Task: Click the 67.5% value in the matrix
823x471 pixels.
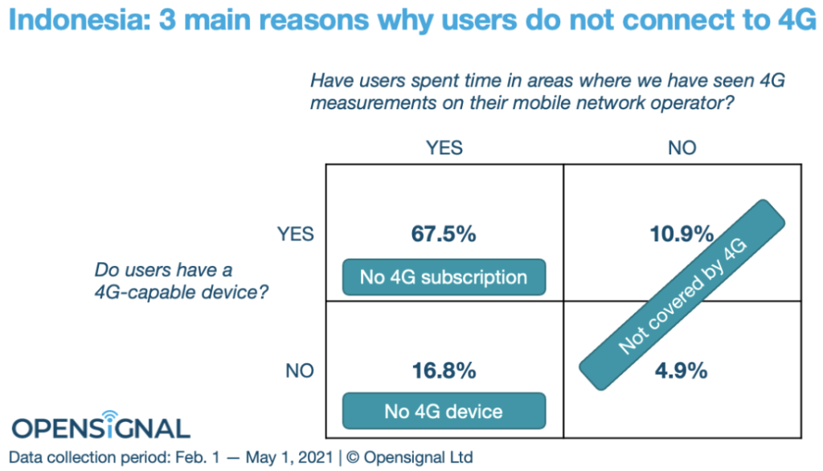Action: pyautogui.click(x=444, y=235)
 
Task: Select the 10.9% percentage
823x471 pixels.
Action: pyautogui.click(x=682, y=235)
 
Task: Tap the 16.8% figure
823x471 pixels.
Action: pyautogui.click(x=444, y=371)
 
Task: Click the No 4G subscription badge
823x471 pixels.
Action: pyautogui.click(x=444, y=277)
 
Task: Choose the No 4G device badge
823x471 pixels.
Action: pyautogui.click(x=444, y=412)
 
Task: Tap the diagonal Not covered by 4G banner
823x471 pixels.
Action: pyautogui.click(x=683, y=297)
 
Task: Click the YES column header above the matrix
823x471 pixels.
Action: pyautogui.click(x=444, y=148)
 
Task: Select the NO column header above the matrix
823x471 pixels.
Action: pyautogui.click(x=682, y=148)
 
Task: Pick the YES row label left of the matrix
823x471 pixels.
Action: pyautogui.click(x=296, y=235)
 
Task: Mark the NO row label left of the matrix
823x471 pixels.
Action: pyautogui.click(x=299, y=371)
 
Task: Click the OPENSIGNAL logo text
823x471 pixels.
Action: pyautogui.click(x=100, y=428)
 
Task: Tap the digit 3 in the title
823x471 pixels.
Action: pyautogui.click(x=169, y=19)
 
